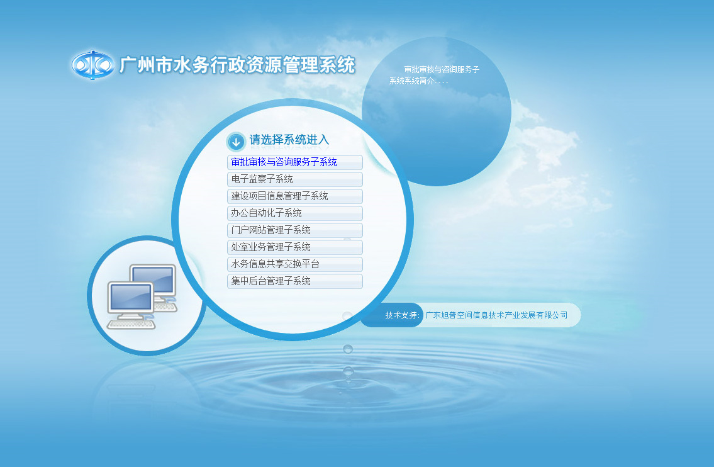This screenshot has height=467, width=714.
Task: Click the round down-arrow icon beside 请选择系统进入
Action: pos(236,142)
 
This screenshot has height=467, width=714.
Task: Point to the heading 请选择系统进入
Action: pos(289,140)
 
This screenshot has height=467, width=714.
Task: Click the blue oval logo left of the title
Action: pos(92,65)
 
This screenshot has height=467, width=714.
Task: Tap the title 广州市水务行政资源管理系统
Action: pos(237,65)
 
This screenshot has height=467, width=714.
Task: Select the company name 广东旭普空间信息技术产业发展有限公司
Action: pos(496,315)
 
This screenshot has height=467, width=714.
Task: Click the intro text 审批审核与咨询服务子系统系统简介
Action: pos(434,75)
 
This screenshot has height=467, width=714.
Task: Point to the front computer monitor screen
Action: pos(131,297)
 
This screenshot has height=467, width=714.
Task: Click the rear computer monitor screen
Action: pos(153,278)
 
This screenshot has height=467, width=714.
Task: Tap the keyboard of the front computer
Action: pos(131,323)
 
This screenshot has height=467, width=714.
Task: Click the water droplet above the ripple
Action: pos(348,349)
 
